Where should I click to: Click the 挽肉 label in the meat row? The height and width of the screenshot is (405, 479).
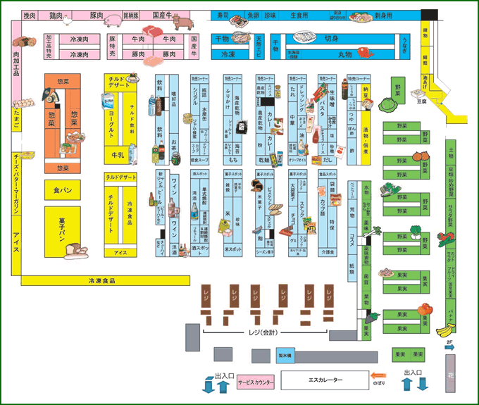click(30, 15)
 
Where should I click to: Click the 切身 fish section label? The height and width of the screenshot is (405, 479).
click(332, 39)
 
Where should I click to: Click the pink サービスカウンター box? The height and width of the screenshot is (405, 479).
click(258, 380)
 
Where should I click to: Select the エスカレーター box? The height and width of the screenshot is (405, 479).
click(325, 380)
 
